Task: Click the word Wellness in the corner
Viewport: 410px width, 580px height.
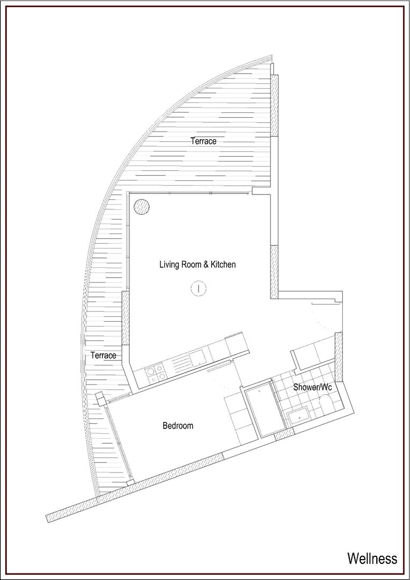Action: (x=372, y=558)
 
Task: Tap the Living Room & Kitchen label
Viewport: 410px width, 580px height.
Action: (x=197, y=264)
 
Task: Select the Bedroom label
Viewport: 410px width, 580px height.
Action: (x=178, y=426)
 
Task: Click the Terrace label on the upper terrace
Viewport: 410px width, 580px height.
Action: (x=203, y=141)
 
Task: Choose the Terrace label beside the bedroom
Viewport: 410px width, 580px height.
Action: (x=104, y=356)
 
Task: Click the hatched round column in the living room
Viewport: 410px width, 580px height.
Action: (x=142, y=207)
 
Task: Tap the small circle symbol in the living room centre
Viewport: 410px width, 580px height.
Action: (x=199, y=288)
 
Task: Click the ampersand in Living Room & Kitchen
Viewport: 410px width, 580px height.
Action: (x=207, y=264)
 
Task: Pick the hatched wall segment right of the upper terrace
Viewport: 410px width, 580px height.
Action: (x=274, y=106)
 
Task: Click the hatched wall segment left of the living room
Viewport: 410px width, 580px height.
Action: (x=126, y=318)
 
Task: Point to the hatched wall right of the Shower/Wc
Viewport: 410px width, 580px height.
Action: (x=339, y=357)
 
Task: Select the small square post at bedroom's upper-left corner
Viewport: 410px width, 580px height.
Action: (x=100, y=398)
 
